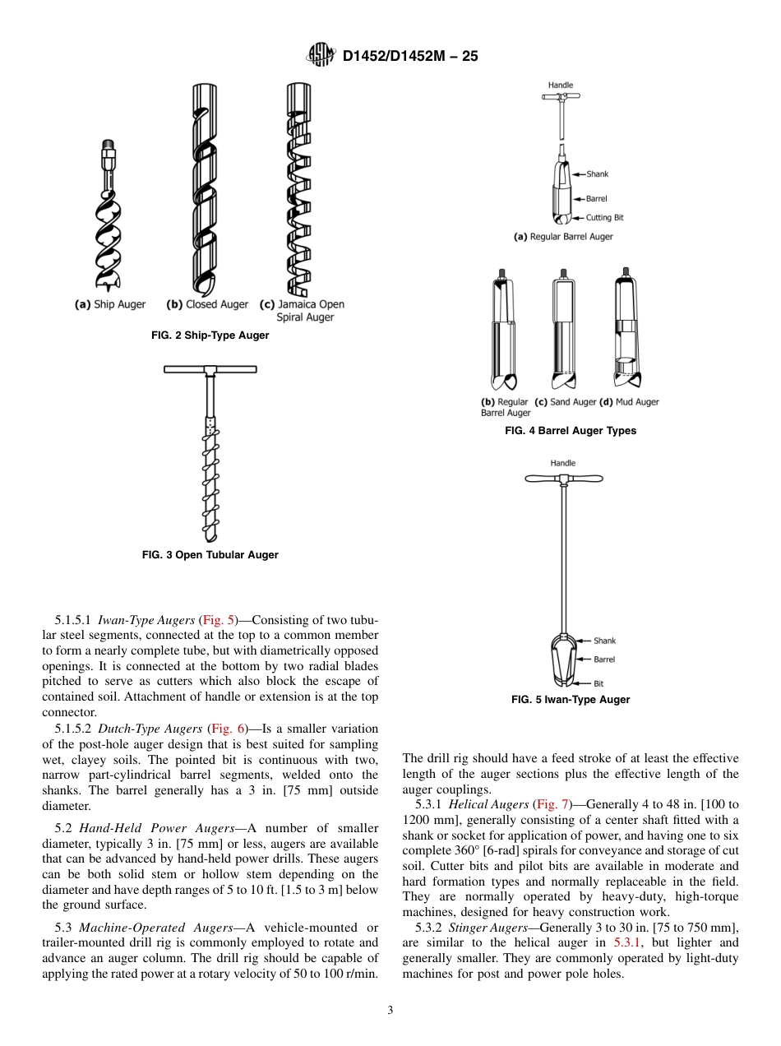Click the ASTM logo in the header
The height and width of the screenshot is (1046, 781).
point(321,55)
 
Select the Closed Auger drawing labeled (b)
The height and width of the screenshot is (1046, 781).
point(204,189)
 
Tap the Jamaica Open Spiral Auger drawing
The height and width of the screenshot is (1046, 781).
point(298,189)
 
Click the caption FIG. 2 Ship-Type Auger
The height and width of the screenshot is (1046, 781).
point(210,336)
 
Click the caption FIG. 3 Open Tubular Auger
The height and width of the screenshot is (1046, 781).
point(210,555)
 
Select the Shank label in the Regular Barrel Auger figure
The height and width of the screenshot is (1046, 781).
point(598,174)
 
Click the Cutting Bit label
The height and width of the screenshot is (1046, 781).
point(604,218)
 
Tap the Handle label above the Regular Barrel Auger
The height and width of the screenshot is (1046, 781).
point(561,86)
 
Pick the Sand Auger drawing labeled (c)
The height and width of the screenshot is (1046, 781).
point(564,329)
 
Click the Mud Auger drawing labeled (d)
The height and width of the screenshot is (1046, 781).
point(626,329)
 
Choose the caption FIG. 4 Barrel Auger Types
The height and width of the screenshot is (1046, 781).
point(571,431)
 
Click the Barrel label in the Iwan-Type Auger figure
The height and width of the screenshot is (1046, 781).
point(604,660)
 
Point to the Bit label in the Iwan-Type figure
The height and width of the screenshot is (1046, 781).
point(598,683)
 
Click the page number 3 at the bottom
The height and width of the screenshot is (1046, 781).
point(390,1011)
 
